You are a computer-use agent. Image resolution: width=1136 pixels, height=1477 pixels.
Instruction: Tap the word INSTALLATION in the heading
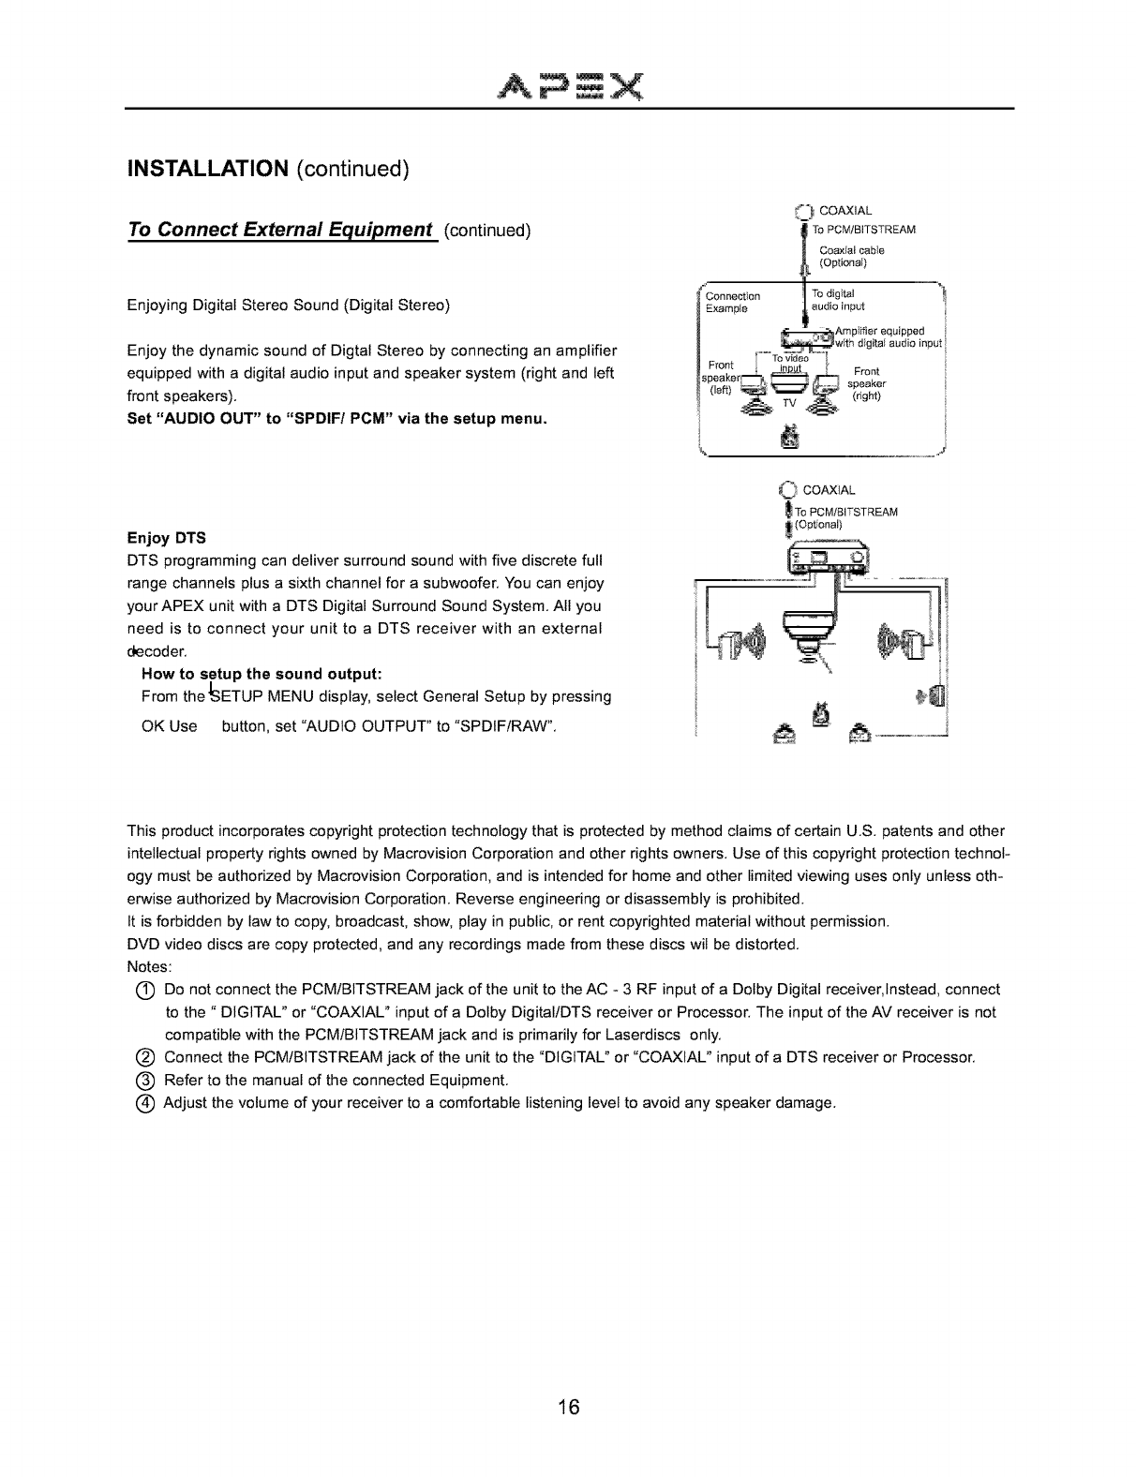pos(207,169)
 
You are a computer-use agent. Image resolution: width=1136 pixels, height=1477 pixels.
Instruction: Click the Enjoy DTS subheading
pos(167,538)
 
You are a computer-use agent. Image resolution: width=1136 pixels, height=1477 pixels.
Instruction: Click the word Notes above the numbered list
pos(147,966)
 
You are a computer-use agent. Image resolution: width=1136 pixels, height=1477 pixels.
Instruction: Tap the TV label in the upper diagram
pos(788,404)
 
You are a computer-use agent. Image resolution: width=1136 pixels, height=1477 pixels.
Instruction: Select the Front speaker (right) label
pos(865,383)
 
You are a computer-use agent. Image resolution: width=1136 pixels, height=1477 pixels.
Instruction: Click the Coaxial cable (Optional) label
pos(851,256)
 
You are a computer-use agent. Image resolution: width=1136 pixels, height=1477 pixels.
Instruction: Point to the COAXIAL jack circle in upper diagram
pos(801,210)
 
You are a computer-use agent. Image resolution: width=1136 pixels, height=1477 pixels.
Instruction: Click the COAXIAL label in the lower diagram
pos(830,490)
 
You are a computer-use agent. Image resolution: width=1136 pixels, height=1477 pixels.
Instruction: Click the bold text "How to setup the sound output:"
pos(260,674)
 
